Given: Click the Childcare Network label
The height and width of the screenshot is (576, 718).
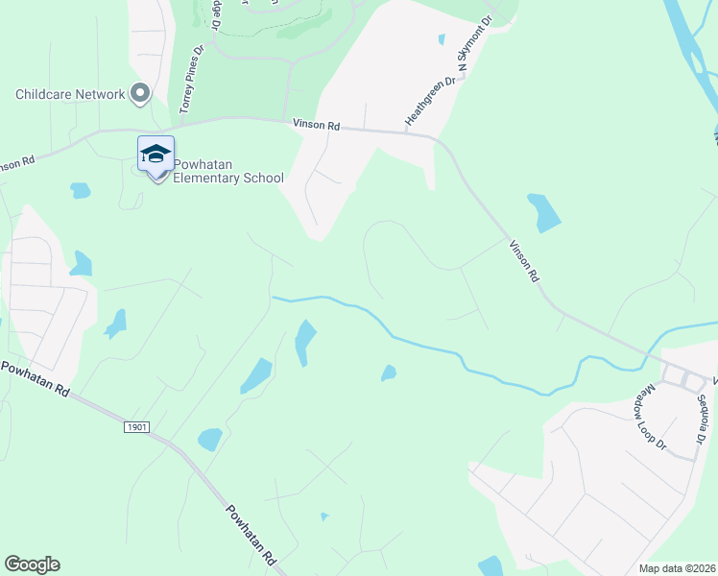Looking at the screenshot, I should pyautogui.click(x=70, y=94).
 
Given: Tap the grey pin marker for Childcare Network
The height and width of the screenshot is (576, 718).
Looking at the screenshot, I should pyautogui.click(x=140, y=94).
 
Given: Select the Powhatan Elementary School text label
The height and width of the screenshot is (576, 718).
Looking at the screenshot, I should pyautogui.click(x=228, y=171).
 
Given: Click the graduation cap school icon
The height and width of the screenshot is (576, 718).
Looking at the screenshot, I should pyautogui.click(x=156, y=155).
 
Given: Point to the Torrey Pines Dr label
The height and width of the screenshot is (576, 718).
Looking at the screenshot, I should pyautogui.click(x=187, y=83).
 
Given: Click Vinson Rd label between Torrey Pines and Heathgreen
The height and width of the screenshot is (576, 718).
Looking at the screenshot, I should pyautogui.click(x=316, y=125).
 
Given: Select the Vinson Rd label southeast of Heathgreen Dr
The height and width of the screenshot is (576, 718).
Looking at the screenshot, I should pyautogui.click(x=524, y=259).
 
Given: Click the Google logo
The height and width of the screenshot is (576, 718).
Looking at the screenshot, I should pyautogui.click(x=32, y=564).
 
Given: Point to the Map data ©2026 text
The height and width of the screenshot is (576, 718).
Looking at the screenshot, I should pyautogui.click(x=678, y=567).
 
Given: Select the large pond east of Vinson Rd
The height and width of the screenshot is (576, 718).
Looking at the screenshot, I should pyautogui.click(x=543, y=212).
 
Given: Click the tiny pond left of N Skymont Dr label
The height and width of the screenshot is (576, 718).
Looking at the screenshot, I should pyautogui.click(x=441, y=39).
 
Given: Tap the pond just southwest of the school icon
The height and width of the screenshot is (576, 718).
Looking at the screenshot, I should pyautogui.click(x=80, y=190).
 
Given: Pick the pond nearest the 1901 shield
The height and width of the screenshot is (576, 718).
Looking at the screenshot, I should pyautogui.click(x=209, y=440).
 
